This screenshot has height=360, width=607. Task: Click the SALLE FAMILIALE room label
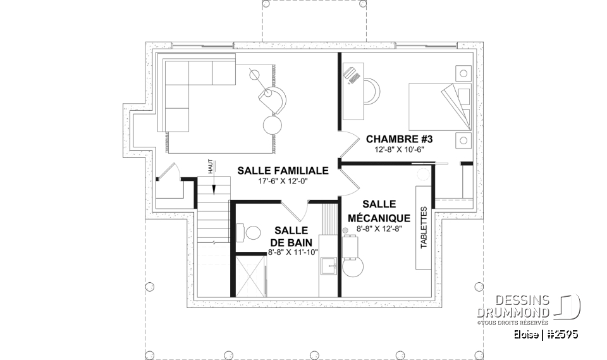[x=283, y=171]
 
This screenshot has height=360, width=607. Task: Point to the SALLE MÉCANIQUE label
[x=379, y=211]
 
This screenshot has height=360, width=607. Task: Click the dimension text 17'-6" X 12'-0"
[x=283, y=182]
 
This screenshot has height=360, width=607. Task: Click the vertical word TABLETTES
[x=424, y=227]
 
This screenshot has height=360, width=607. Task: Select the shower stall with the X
[x=250, y=275]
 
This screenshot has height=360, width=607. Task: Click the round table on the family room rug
[x=274, y=123]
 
